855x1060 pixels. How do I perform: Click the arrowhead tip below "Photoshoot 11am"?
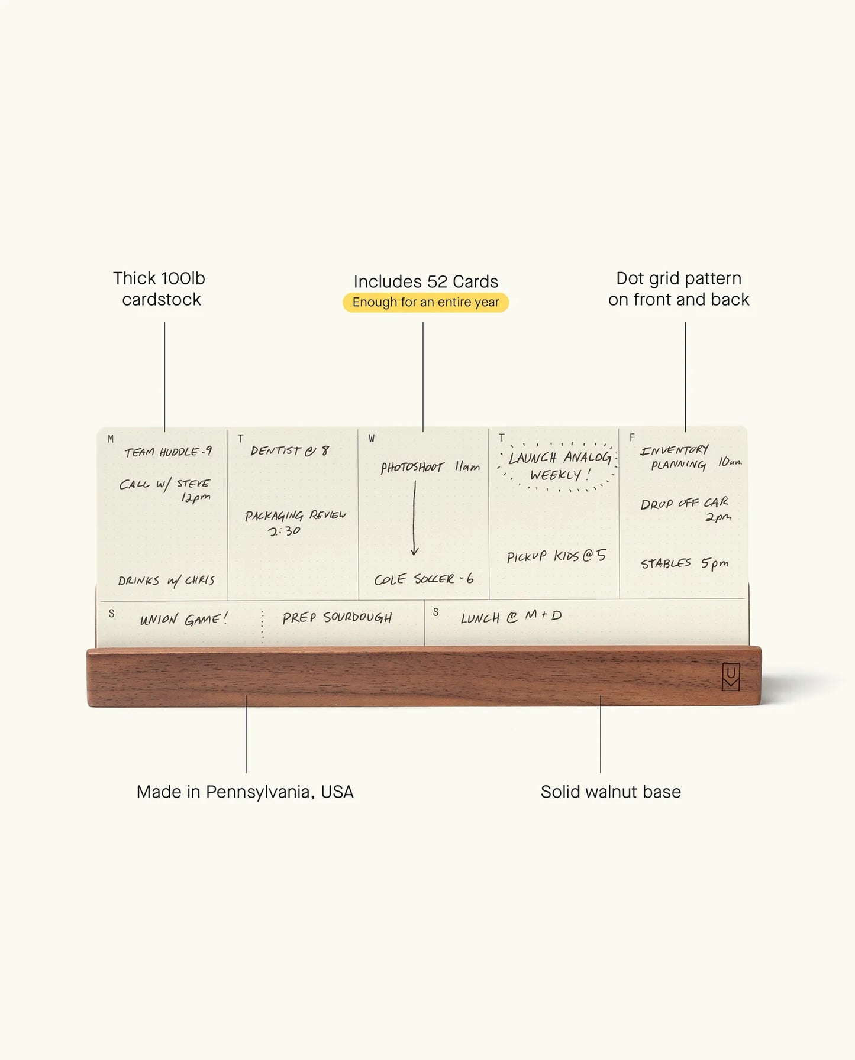tap(414, 556)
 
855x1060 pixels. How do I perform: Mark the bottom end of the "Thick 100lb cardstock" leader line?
tap(164, 432)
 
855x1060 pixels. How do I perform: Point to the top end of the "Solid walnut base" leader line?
tap(600, 696)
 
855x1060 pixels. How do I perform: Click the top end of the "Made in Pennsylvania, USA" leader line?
tap(246, 696)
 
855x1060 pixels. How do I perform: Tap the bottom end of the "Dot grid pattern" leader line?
tap(685, 432)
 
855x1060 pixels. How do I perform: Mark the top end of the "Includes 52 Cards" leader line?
tap(422, 322)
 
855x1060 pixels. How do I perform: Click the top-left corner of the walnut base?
tap(88, 649)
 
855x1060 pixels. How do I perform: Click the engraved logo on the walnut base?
tap(731, 676)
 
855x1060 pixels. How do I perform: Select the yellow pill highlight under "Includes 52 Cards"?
tap(425, 302)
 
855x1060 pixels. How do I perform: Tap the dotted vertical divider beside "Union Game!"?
tap(262, 627)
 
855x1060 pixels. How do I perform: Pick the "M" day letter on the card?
tap(111, 439)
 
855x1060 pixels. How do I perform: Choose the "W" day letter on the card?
tap(372, 439)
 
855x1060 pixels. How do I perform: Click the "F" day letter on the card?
tap(632, 437)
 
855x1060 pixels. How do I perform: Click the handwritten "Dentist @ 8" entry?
tap(289, 450)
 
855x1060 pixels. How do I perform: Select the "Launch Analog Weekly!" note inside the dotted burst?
tap(559, 466)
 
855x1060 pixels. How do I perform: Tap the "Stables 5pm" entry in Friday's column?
tap(684, 563)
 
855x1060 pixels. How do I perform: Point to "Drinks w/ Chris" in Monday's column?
tap(166, 581)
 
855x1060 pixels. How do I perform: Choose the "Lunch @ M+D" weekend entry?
tap(511, 617)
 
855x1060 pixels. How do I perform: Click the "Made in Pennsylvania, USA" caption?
tap(245, 792)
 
